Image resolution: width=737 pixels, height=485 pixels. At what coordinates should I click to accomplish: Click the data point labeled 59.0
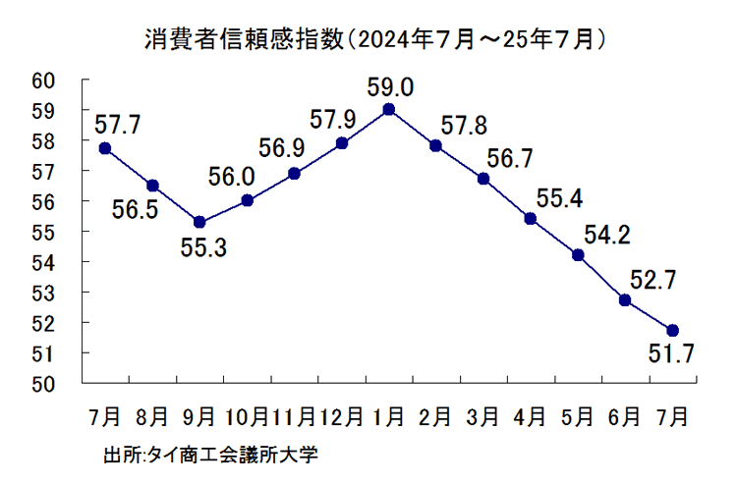point(389,109)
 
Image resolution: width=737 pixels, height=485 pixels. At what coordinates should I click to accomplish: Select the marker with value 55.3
point(199,222)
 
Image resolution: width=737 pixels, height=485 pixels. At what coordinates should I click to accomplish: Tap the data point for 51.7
point(672,330)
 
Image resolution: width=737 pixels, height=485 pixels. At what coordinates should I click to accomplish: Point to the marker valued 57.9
point(342,142)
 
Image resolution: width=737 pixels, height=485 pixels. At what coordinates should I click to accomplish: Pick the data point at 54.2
point(578,255)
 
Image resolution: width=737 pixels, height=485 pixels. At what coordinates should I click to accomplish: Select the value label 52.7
point(652,282)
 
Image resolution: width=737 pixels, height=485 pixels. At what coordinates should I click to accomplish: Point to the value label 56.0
point(231,177)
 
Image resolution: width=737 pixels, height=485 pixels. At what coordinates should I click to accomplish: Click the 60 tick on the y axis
point(43,81)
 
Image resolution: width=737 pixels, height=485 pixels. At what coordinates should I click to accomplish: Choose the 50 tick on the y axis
point(43,383)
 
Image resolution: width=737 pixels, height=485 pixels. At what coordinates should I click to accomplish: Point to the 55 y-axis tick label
point(43,232)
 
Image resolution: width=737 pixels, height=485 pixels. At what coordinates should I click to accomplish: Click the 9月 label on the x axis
point(199,416)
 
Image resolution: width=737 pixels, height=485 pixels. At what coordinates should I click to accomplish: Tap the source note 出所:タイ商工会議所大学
point(211,456)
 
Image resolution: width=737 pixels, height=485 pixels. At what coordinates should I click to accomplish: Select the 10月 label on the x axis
point(246,416)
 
